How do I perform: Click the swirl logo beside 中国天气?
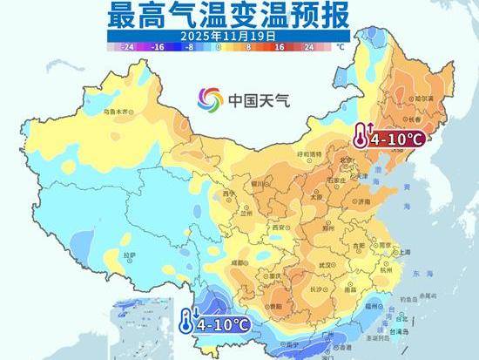click(210, 98)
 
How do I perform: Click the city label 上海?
click(404, 252)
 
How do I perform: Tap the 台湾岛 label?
click(399, 332)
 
